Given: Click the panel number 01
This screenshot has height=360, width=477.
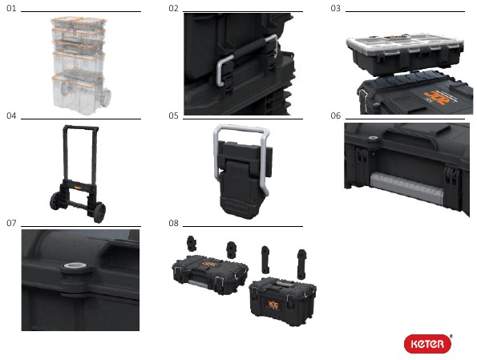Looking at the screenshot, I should (11, 8).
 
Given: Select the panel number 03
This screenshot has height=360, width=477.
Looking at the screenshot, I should (335, 8).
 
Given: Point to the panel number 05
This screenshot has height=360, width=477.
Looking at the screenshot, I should (173, 115).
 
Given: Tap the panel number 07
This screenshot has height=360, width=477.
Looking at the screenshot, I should (11, 222).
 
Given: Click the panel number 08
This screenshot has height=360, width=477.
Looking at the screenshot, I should (173, 222).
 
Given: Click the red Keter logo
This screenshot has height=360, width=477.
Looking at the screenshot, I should (426, 343).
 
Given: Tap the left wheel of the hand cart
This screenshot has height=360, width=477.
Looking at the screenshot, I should (57, 200).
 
